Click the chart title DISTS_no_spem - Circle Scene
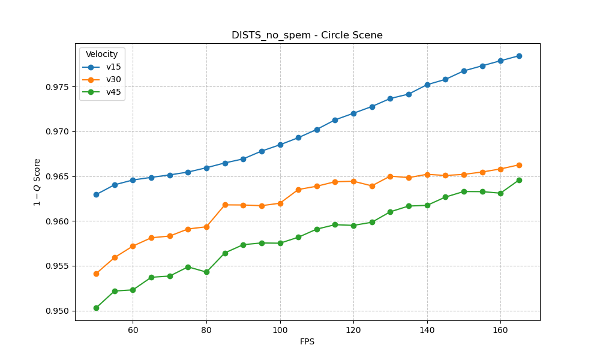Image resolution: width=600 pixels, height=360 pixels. click(x=307, y=35)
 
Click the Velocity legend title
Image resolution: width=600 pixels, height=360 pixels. click(x=102, y=55)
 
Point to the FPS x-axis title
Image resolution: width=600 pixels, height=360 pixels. click(x=307, y=342)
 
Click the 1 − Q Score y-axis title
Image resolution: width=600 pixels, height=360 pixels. click(x=37, y=182)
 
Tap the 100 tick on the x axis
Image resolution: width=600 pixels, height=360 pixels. click(x=280, y=329)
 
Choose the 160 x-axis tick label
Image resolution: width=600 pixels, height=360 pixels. click(x=500, y=329)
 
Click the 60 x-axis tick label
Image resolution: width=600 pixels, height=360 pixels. click(x=133, y=329)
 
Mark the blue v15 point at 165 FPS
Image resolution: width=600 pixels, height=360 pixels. click(x=519, y=56)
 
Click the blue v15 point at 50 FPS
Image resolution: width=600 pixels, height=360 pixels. click(x=96, y=194)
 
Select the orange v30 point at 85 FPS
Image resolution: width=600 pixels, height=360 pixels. click(x=225, y=205)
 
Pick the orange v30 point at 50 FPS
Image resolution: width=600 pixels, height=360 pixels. click(x=96, y=274)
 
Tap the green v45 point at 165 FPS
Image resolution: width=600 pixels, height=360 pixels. click(x=519, y=180)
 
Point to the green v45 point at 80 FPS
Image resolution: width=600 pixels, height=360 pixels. click(x=206, y=272)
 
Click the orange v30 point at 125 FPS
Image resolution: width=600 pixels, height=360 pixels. click(x=372, y=186)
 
